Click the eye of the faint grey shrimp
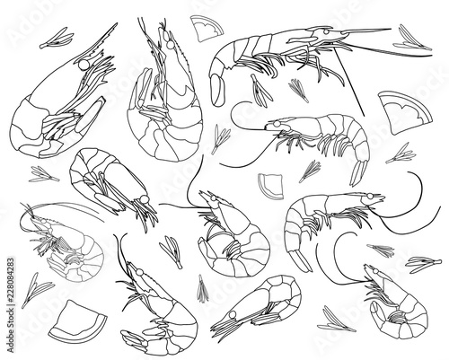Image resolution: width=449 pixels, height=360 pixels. click(x=44, y=221)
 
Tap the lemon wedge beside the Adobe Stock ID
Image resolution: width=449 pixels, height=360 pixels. click(x=77, y=321)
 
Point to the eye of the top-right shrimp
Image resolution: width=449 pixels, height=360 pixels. click(x=326, y=31)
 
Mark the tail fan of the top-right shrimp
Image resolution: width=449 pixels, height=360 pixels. click(x=217, y=90)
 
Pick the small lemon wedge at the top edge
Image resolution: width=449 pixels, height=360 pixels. click(x=207, y=28)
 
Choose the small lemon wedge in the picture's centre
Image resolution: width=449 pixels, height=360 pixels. click(x=271, y=186)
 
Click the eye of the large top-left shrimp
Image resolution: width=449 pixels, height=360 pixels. click(x=84, y=65)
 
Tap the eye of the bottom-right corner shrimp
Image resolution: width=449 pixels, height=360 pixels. click(x=375, y=272)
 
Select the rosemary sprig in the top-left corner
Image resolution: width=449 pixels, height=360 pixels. click(x=57, y=39)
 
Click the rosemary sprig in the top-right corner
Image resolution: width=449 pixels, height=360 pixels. click(x=412, y=39)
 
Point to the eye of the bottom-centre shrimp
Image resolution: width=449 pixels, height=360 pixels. click(x=233, y=315)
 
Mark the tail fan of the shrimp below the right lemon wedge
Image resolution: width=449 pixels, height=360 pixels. click(x=359, y=173)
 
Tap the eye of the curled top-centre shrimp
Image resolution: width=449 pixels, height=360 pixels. click(x=170, y=45)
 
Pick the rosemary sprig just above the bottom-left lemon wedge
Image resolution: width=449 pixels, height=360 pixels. click(x=37, y=290)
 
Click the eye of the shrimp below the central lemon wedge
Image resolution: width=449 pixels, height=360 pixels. click(x=213, y=198)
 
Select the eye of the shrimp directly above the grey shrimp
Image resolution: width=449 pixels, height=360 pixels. click(x=145, y=199)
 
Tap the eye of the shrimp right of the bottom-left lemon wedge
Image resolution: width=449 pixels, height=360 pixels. click(x=139, y=272)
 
